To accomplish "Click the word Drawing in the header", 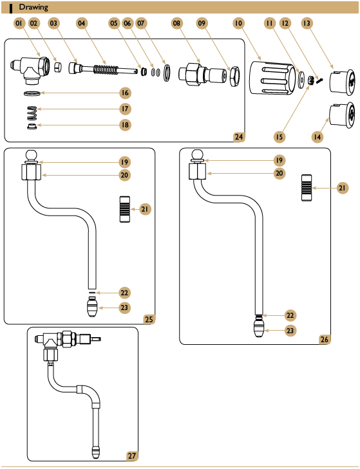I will click(33, 7).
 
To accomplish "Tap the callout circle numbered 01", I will click(19, 23).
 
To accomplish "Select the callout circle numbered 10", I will click(238, 23).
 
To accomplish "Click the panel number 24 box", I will click(239, 136).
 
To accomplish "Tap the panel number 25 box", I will click(149, 318).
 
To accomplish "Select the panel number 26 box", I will click(325, 339).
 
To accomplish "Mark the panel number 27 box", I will click(132, 455).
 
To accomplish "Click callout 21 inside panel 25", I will click(147, 209).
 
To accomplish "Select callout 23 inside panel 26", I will click(290, 331).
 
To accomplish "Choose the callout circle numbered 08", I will click(177, 23).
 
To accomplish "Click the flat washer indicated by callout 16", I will click(30, 93).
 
